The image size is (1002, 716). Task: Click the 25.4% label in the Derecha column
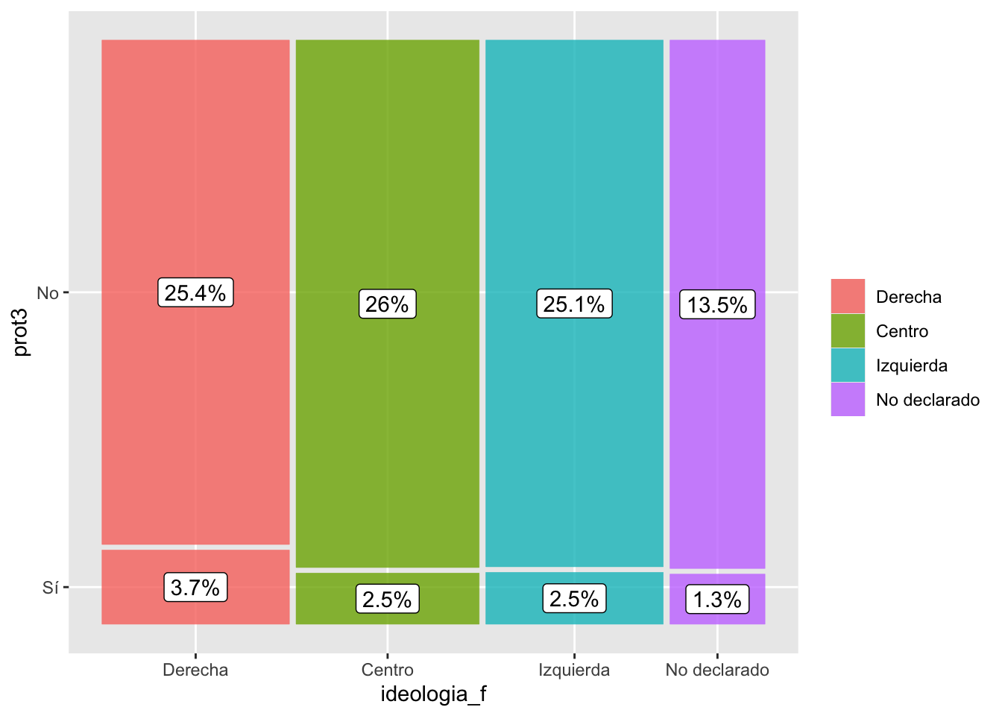pyautogui.click(x=195, y=292)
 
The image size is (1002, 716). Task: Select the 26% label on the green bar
pyautogui.click(x=387, y=304)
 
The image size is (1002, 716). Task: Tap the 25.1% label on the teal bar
pyautogui.click(x=574, y=304)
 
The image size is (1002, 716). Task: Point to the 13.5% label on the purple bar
pyautogui.click(x=717, y=304)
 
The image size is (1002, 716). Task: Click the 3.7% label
pyautogui.click(x=195, y=587)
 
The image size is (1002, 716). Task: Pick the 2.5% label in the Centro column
pyautogui.click(x=387, y=599)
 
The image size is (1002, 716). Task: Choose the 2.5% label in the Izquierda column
pyautogui.click(x=574, y=598)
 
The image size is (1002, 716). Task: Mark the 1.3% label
pyautogui.click(x=717, y=599)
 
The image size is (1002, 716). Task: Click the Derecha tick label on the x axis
pyautogui.click(x=195, y=670)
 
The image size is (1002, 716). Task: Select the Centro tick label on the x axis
pyautogui.click(x=387, y=670)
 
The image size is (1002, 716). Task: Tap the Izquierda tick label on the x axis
pyautogui.click(x=574, y=670)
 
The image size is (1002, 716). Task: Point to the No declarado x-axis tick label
pyautogui.click(x=717, y=670)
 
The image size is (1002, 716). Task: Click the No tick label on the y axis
pyautogui.click(x=48, y=293)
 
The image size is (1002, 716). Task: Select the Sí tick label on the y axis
pyautogui.click(x=50, y=588)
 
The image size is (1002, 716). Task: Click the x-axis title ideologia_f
pyautogui.click(x=433, y=694)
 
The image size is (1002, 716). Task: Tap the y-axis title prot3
pyautogui.click(x=21, y=332)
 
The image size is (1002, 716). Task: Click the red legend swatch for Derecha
pyautogui.click(x=848, y=296)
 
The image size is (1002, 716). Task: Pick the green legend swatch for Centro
pyautogui.click(x=848, y=330)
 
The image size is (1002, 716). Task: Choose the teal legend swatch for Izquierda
pyautogui.click(x=848, y=365)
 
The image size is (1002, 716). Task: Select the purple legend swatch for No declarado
pyautogui.click(x=848, y=399)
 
